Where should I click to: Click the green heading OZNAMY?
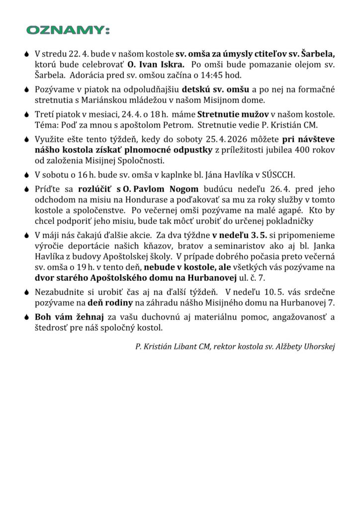tap(68, 31)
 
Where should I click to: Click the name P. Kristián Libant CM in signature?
tap(173, 346)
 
